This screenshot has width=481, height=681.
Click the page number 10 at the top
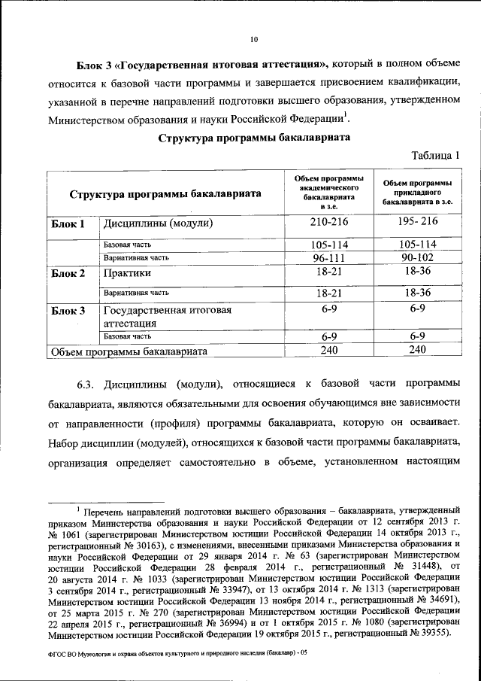click(x=253, y=41)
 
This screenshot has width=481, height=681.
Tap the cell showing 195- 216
click(x=418, y=223)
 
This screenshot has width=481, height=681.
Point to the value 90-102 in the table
click(x=418, y=257)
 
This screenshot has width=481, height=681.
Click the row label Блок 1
click(x=69, y=224)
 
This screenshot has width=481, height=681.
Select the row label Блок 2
click(x=69, y=273)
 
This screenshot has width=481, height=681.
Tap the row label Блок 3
click(x=69, y=310)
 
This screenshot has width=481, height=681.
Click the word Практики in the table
click(x=128, y=273)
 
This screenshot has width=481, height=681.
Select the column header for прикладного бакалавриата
click(x=418, y=193)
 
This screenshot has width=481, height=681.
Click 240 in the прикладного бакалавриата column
click(x=418, y=350)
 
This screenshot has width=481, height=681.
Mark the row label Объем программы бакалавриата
click(x=129, y=351)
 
